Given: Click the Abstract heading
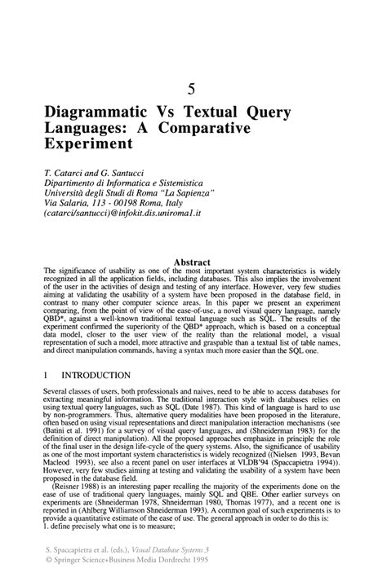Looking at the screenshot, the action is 193,262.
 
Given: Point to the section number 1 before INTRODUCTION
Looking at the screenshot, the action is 47,376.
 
